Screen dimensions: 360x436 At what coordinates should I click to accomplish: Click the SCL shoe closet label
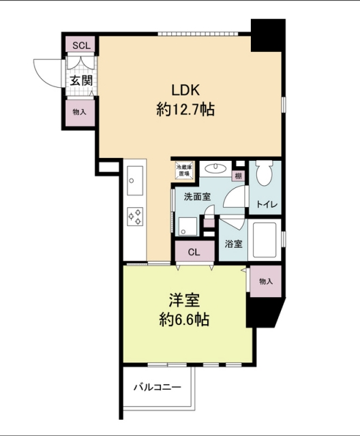(81, 46)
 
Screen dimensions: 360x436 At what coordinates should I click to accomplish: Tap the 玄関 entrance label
(81, 80)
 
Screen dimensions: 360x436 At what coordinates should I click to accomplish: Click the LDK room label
(185, 90)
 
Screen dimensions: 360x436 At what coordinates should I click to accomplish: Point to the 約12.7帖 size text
(185, 109)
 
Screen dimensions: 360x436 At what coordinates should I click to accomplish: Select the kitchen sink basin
(135, 181)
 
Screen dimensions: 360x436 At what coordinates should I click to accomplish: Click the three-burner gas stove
(135, 217)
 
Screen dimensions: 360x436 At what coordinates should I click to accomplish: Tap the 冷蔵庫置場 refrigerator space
(184, 170)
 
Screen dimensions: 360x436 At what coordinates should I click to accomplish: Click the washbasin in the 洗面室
(215, 168)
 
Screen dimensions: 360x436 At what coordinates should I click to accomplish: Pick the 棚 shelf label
(239, 176)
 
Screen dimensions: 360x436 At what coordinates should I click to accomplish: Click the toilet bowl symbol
(264, 173)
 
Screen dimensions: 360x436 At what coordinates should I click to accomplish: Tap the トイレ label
(267, 204)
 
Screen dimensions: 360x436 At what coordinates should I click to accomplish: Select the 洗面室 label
(197, 197)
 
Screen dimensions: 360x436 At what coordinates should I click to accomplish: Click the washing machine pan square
(187, 226)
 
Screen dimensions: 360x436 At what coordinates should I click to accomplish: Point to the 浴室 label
(233, 244)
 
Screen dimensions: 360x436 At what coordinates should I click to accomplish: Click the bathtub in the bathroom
(265, 240)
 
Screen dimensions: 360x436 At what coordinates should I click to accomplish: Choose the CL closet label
(194, 252)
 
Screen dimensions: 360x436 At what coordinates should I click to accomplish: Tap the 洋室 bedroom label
(184, 301)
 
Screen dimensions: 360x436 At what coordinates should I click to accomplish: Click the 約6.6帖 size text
(184, 320)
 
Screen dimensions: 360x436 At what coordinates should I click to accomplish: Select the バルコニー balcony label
(157, 387)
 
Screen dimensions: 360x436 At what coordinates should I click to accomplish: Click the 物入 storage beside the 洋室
(266, 281)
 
